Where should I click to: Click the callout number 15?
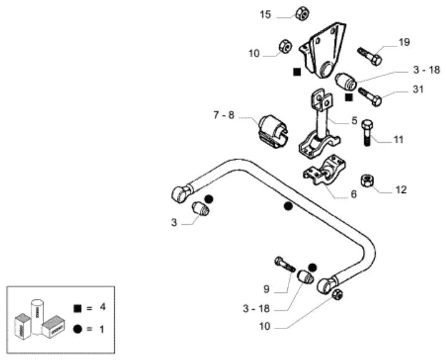(265, 14)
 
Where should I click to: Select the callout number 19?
(404, 42)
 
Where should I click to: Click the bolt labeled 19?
(370, 56)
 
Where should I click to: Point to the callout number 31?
(418, 89)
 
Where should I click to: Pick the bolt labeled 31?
(370, 97)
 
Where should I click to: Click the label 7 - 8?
(224, 115)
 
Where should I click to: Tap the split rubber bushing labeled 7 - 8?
(274, 131)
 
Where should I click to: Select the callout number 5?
(354, 120)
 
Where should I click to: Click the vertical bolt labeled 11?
(367, 133)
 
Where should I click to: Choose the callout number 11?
(398, 140)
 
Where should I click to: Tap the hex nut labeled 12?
(367, 181)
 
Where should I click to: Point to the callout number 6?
(354, 194)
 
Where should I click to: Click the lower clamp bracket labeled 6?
(324, 170)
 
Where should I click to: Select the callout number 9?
(266, 289)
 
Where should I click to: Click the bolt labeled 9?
(285, 264)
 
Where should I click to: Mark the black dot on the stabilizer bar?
(288, 206)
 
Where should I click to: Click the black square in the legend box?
(78, 308)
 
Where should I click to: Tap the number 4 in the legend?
(102, 307)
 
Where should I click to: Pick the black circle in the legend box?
(78, 329)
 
